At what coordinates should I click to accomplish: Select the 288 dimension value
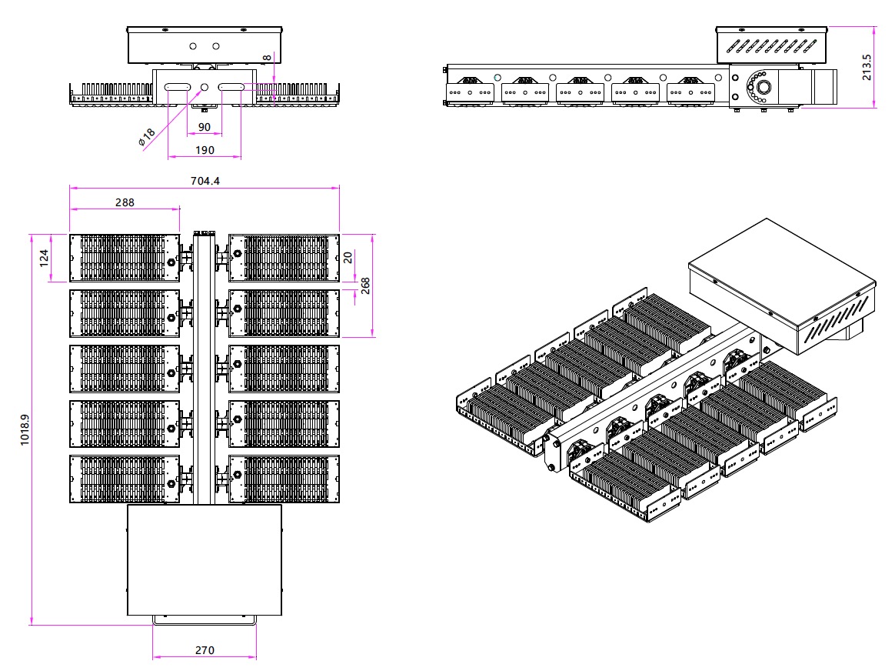coord(125,202)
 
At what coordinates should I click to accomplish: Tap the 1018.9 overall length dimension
coord(25,430)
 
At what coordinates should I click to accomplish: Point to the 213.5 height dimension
coord(867,68)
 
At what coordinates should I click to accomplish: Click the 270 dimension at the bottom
coord(204,650)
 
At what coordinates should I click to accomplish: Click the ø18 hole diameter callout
coord(146,137)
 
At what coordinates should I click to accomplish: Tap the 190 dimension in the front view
coord(205,150)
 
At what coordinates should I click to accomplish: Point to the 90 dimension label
coord(205,127)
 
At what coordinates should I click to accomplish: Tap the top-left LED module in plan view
coord(125,258)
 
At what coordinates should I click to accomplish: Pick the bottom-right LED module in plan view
coord(284,479)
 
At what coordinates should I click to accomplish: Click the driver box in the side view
coord(771,45)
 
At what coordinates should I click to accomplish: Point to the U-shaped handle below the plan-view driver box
coord(204,620)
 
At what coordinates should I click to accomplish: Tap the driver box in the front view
coord(205,45)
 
